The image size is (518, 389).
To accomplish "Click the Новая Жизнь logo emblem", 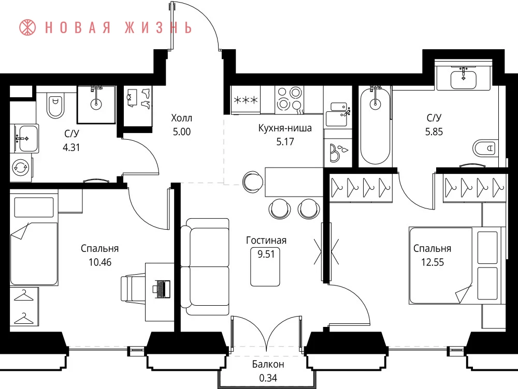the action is point(27,27).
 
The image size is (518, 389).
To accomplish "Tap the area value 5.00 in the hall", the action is point(182,132).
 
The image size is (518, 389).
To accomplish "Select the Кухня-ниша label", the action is point(285,128).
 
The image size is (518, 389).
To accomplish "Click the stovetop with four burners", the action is point(289,99).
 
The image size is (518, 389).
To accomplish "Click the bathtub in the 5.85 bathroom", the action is point(375,126).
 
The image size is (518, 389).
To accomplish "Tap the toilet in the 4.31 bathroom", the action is point(55,106).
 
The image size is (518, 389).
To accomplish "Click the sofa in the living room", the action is point(205,266).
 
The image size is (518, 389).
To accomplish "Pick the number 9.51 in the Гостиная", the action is point(266,254).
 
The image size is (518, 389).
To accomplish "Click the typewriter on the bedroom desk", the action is point(161,289).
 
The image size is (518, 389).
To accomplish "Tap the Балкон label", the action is point(268,364).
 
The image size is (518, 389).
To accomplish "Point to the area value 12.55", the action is point(433,262).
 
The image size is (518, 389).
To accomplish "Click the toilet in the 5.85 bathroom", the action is point(485,148).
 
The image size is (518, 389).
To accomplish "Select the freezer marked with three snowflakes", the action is point(246,100).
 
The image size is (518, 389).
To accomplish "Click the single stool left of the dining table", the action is point(253,181).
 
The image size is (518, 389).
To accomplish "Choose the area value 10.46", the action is point(100,262).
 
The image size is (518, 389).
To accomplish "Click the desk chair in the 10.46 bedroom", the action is point(133,289).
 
